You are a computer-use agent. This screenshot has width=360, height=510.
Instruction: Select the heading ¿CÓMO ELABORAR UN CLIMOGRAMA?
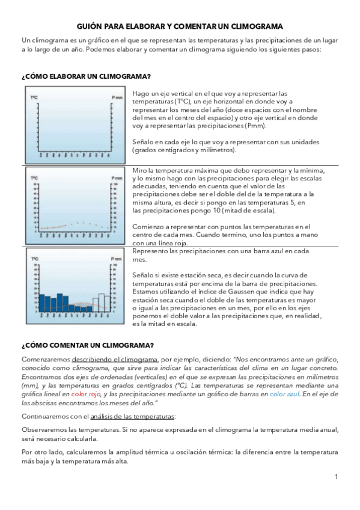85,76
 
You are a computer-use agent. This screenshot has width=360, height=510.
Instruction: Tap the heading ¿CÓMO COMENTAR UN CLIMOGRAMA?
87,345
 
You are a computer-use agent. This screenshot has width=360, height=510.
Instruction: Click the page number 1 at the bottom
337,477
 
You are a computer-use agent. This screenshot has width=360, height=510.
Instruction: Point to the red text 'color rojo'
88,393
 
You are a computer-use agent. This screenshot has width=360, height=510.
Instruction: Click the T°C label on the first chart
34,97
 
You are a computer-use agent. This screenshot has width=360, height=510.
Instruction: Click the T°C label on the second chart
34,178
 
